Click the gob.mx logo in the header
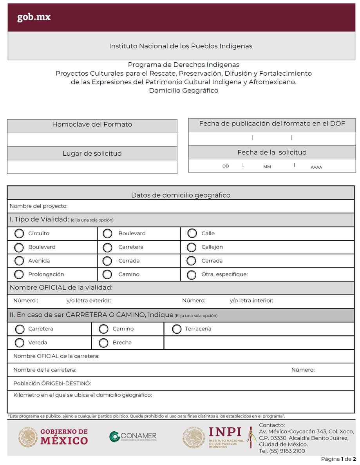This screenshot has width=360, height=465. (x=34, y=17)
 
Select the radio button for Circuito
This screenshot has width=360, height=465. (x=19, y=234)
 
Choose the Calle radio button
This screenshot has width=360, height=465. (x=192, y=234)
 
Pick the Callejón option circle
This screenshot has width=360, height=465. (x=192, y=247)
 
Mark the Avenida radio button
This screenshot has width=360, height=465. (x=19, y=261)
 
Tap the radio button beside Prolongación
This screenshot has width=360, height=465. (x=19, y=274)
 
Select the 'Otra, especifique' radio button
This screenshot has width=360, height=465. (x=192, y=275)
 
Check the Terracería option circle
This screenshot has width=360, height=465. (x=177, y=329)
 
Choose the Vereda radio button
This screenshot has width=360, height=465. (x=19, y=343)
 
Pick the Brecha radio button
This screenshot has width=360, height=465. (x=103, y=343)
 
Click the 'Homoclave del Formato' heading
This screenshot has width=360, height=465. (x=92, y=125)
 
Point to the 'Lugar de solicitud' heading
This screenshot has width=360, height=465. (x=92, y=154)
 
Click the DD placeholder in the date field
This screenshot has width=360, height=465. (x=226, y=166)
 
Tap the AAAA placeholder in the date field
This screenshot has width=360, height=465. (x=316, y=167)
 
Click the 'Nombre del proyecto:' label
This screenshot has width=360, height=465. (x=38, y=206)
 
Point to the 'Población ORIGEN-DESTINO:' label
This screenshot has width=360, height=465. (x=52, y=383)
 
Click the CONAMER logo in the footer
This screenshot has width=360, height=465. (x=133, y=436)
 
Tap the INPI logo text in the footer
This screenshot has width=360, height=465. (x=225, y=432)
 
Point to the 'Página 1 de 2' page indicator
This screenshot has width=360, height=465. (x=338, y=459)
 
